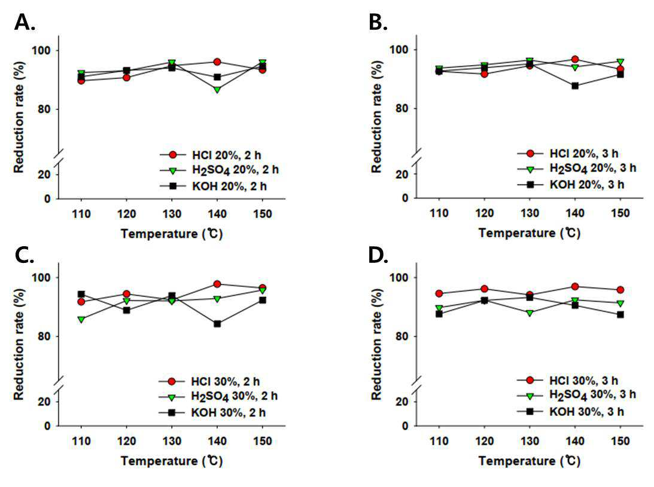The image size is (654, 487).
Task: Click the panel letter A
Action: tap(24, 22)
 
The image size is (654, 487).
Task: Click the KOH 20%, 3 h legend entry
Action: tap(571, 185)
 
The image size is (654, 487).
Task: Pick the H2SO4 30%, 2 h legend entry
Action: tap(218, 396)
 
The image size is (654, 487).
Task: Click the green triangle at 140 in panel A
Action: tap(217, 89)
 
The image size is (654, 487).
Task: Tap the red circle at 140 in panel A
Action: tap(217, 62)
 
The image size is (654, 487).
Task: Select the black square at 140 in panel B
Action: tap(575, 86)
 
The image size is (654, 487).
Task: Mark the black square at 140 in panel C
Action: tap(217, 324)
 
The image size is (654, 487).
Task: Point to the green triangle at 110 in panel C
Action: tap(81, 319)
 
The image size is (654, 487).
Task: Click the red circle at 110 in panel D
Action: tap(439, 293)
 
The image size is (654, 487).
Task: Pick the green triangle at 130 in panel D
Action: tap(530, 313)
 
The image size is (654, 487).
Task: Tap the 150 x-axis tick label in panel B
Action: tap(620, 213)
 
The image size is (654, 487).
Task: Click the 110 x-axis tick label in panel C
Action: tap(81, 441)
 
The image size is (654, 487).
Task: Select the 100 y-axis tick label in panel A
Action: tap(41, 50)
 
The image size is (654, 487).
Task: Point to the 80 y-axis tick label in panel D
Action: tap(402, 336)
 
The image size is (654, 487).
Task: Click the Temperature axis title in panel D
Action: tap(530, 461)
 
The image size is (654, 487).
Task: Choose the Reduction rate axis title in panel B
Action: tap(376, 117)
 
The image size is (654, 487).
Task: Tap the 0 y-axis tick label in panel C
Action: tap(47, 426)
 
